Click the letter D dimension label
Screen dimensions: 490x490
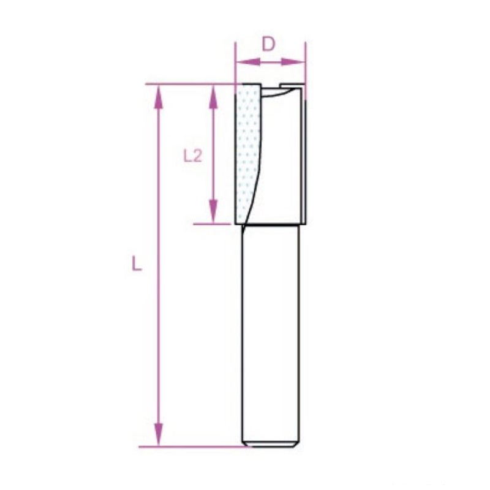[x=268, y=44]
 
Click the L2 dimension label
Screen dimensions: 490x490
[x=193, y=156]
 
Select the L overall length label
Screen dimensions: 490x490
[x=136, y=263]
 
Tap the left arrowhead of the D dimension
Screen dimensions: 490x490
[x=248, y=62]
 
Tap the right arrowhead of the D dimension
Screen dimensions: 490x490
[x=293, y=62]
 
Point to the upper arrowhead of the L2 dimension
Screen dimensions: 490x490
[x=213, y=97]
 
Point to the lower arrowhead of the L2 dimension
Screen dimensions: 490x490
[x=213, y=211]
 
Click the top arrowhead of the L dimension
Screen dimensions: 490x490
[x=159, y=97]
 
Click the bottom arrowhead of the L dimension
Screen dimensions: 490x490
[x=159, y=434]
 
